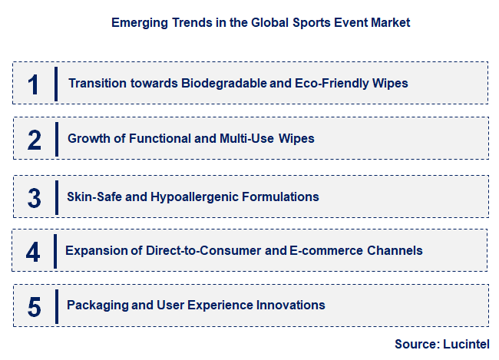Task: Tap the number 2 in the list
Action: (34, 140)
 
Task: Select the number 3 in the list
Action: (34, 197)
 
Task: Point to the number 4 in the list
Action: (33, 251)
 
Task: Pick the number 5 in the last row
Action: (34, 306)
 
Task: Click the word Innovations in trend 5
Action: (290, 306)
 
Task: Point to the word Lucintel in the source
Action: (464, 344)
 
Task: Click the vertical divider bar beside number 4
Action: (55, 251)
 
